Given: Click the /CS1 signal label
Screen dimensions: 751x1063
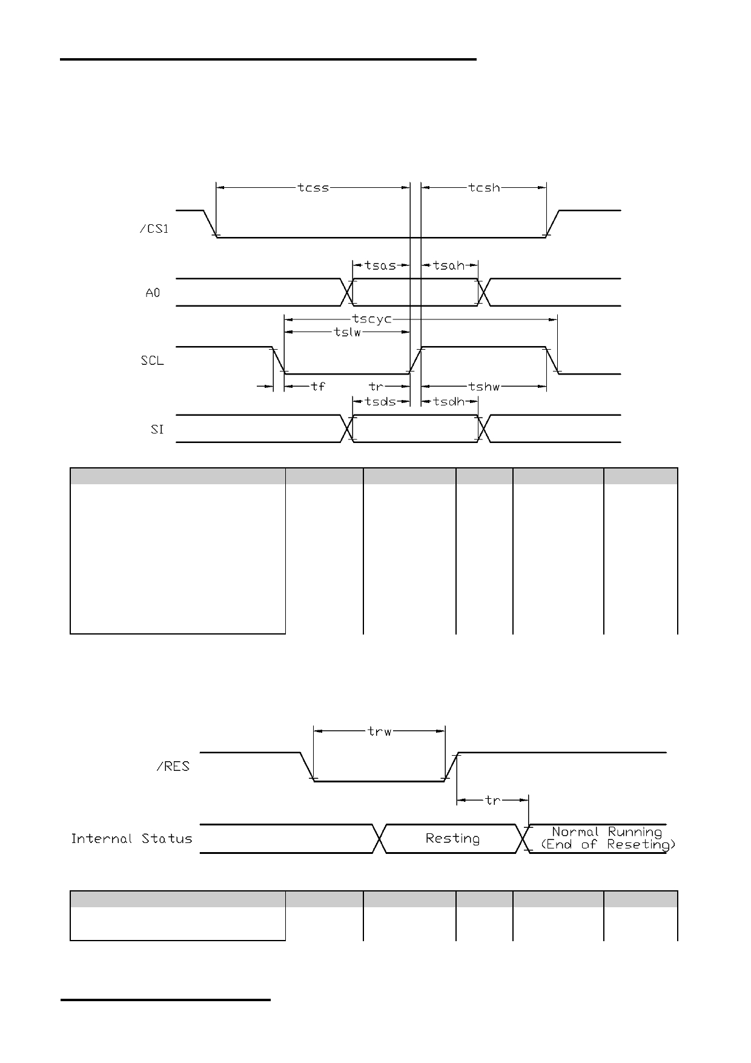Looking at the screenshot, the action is [154, 230].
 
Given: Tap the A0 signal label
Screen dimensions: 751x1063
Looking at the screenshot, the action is [153, 293].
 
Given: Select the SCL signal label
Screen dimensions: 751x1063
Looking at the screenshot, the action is [152, 361].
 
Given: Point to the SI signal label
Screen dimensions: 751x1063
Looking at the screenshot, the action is [157, 430].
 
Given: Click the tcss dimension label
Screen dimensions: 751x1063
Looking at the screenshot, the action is [313, 188].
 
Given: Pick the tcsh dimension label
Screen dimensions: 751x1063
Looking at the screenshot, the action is [485, 188].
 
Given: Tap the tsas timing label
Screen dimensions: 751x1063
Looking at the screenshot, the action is [380, 265].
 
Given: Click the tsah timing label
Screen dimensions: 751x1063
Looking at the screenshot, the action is [449, 265].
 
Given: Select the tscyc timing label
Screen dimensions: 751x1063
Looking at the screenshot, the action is [372, 319].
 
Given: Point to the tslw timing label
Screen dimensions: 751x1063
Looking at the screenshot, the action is [348, 332].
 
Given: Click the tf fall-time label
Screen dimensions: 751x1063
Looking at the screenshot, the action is [318, 386].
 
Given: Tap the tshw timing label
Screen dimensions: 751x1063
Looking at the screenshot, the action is [484, 386].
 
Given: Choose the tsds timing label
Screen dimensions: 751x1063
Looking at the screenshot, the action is [380, 402].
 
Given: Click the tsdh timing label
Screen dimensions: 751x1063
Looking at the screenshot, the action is [449, 402].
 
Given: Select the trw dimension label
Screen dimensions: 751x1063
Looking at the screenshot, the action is [380, 731].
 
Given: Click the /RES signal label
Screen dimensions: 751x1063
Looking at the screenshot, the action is [173, 767].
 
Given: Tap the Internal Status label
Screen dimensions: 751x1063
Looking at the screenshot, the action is [131, 839].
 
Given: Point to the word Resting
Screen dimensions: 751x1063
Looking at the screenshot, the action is [452, 839].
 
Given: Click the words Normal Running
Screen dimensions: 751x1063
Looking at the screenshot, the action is [607, 832].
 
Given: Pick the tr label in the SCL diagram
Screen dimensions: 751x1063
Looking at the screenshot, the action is [376, 386].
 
